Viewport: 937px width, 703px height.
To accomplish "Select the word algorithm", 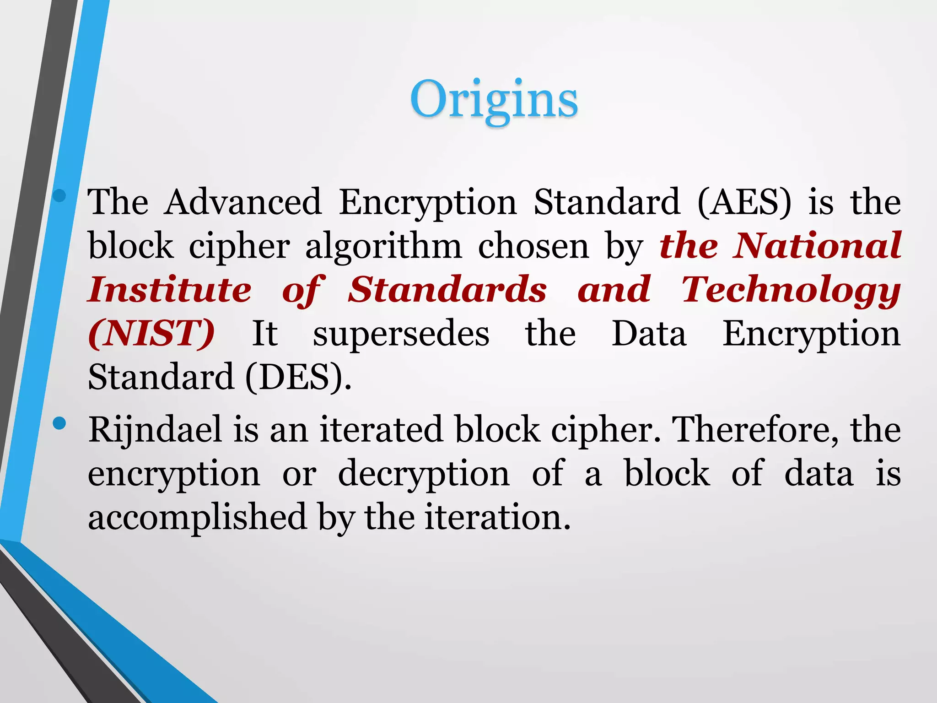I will tap(383, 247).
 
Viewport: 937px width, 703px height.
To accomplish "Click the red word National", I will tap(816, 246).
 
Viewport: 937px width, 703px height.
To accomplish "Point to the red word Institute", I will tap(170, 290).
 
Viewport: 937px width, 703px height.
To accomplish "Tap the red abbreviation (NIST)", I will tap(151, 333).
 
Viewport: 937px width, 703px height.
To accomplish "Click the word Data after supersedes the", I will tap(649, 333).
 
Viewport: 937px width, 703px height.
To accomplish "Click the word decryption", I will tap(424, 473).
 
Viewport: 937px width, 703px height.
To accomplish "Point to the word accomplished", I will tap(197, 517).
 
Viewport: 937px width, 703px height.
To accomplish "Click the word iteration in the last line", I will tap(497, 517).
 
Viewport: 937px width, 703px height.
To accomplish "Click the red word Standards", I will tap(447, 290).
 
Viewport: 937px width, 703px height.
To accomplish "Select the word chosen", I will tap(533, 247).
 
